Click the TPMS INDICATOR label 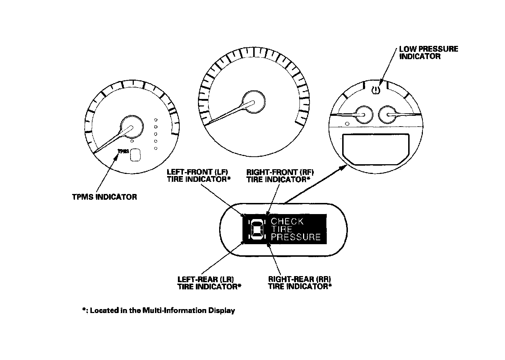[x=104, y=197]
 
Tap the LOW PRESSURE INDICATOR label [x=428, y=53]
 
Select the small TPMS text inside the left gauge [x=123, y=152]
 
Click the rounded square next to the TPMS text [x=135, y=155]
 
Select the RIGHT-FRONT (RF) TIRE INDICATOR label [x=278, y=176]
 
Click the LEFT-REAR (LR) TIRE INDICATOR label [x=209, y=283]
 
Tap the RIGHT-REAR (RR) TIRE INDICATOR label [x=300, y=283]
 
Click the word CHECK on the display [x=287, y=221]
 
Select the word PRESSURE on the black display [x=295, y=237]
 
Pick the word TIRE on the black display [x=282, y=229]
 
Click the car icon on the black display [x=256, y=229]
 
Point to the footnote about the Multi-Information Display [x=158, y=311]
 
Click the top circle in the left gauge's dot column [x=156, y=120]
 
